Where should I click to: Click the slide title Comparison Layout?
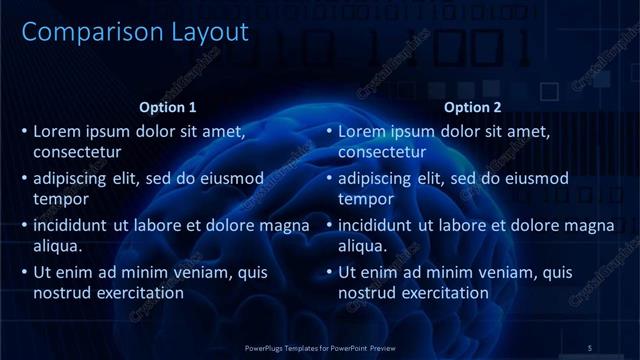pos(135,32)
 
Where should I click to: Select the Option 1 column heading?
pos(167,108)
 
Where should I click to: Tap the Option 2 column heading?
pos(472,108)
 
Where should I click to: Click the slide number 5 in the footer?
pos(590,347)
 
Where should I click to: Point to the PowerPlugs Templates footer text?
pos(320,347)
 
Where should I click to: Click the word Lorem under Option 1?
pos(56,131)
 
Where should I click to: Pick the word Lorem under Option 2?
pos(361,131)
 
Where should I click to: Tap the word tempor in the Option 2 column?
pos(367,199)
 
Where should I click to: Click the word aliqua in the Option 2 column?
pos(362,246)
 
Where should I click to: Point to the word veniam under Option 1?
pos(207,272)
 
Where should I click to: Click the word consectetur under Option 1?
pos(77,152)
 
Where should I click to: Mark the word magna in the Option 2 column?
pos(590,225)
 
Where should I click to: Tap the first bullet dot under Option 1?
pos(24,131)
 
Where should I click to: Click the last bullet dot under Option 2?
pos(329,272)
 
